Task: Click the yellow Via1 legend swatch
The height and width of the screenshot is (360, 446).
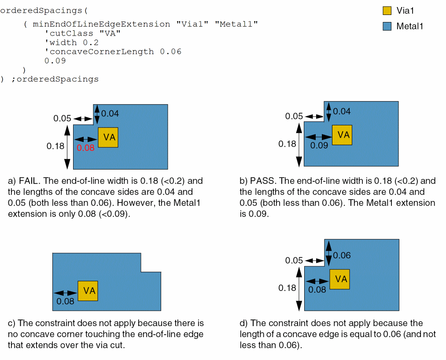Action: click(x=387, y=11)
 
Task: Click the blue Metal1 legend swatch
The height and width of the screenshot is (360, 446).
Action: click(x=387, y=26)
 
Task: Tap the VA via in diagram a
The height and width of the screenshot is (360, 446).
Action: click(x=108, y=137)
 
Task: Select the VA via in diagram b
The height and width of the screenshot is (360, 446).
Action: click(x=342, y=135)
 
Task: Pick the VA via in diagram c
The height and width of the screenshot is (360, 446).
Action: click(x=88, y=291)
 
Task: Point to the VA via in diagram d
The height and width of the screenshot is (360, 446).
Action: click(x=339, y=279)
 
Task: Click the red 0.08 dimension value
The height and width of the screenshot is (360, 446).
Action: click(x=85, y=148)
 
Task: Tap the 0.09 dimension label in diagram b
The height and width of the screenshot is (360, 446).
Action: click(x=319, y=145)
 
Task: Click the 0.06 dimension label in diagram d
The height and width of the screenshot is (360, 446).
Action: click(x=342, y=255)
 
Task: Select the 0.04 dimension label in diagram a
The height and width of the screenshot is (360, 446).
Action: click(x=110, y=114)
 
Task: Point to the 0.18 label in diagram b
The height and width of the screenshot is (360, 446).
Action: click(x=288, y=143)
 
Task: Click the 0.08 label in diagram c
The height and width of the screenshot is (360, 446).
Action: click(x=66, y=301)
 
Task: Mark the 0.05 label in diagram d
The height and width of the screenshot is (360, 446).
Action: click(x=294, y=261)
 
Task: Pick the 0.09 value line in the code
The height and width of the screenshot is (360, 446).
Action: click(x=55, y=61)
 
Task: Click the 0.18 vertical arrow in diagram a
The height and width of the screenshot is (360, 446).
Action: click(x=67, y=147)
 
